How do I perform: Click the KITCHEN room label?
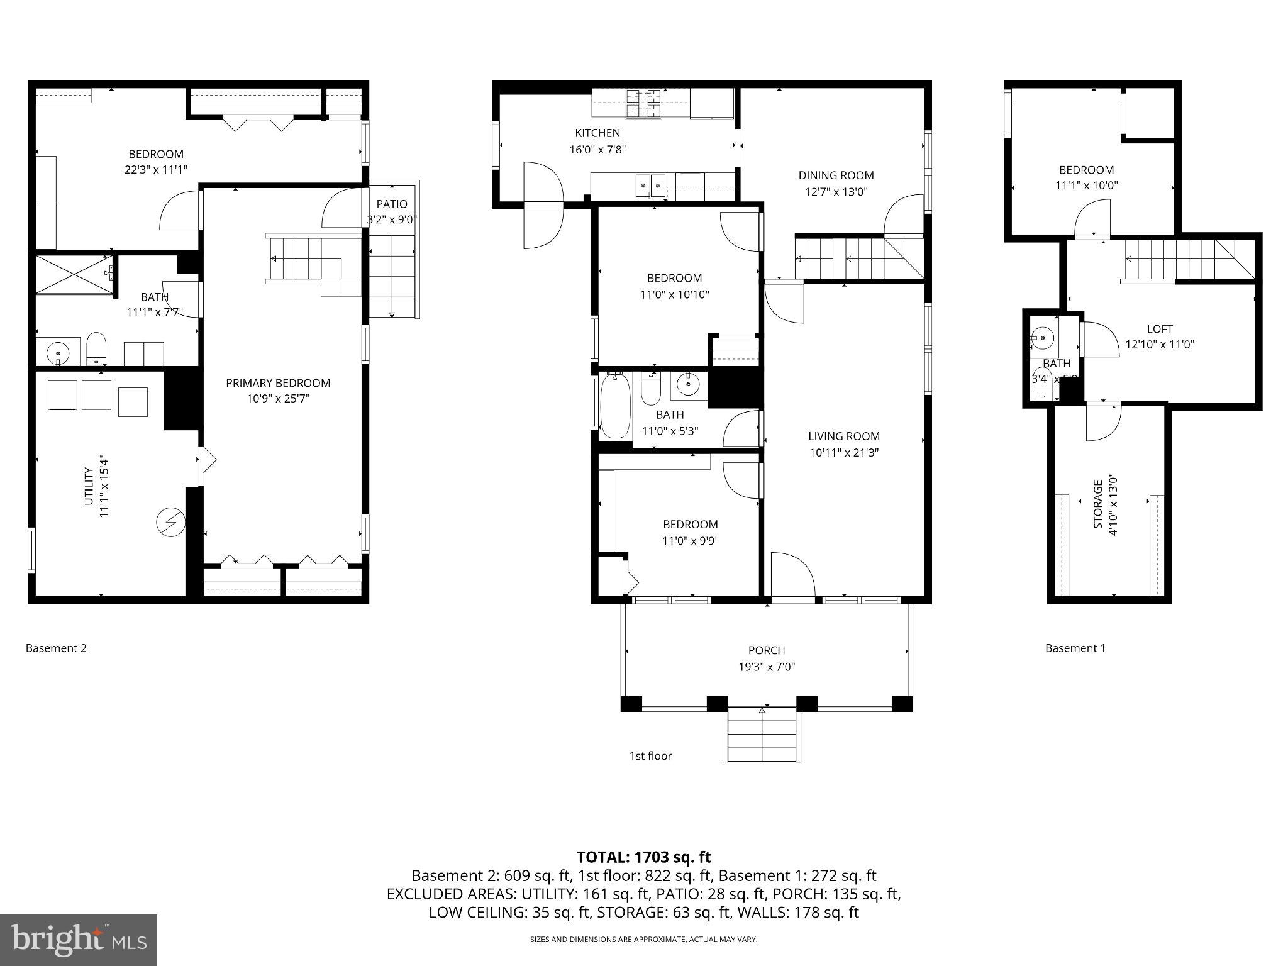597,133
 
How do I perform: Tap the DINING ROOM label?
836,175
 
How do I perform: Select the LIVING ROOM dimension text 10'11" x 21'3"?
843,452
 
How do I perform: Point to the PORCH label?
766,650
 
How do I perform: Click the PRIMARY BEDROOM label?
277,383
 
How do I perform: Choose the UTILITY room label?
89,486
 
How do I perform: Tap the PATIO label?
392,204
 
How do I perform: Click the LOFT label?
1159,329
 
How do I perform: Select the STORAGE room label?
1097,504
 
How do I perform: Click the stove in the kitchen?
643,104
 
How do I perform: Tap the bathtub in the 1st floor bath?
615,405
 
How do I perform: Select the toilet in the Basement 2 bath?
96,348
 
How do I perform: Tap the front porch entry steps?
762,735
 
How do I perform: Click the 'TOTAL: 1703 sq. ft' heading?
643,857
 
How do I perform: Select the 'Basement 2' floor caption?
56,648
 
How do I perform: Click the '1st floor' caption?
650,756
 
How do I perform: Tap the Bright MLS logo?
79,940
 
